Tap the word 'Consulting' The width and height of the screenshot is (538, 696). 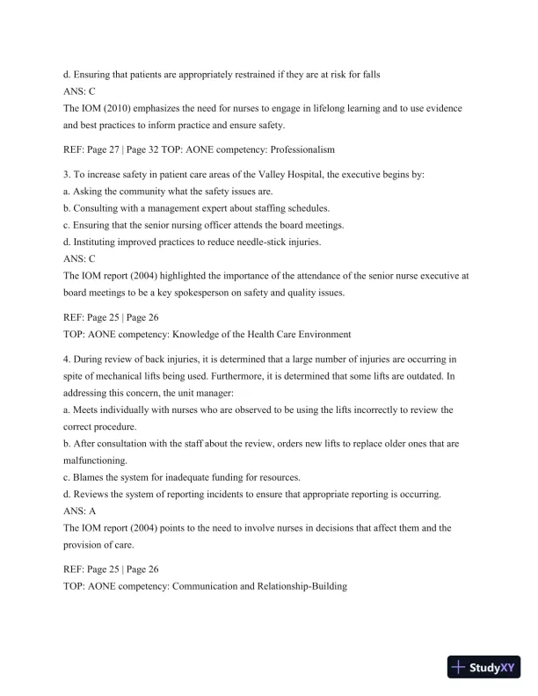[x=102, y=208]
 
